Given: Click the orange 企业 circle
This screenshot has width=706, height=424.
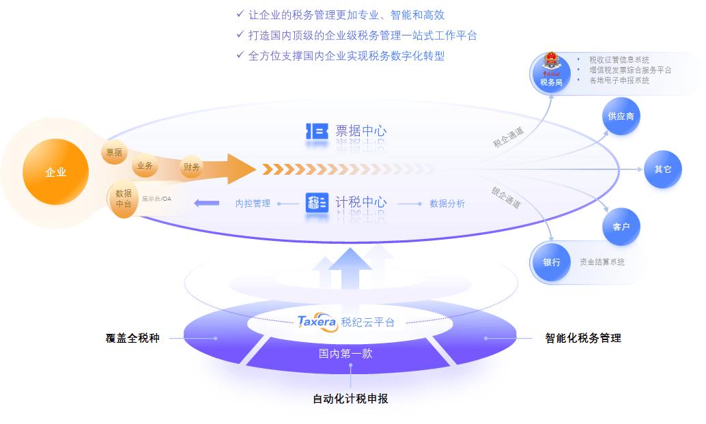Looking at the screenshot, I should click(55, 172).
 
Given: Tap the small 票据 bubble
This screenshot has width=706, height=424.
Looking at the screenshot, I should click(114, 152).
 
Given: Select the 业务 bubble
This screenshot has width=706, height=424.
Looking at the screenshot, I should click(145, 165).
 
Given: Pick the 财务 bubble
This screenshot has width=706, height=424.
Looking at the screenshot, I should click(191, 167).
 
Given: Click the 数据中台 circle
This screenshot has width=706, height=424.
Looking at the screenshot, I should click(124, 198).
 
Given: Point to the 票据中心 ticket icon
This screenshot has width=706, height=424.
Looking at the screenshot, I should click(316, 131).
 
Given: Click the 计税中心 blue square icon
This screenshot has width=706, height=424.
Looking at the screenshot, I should click(317, 203).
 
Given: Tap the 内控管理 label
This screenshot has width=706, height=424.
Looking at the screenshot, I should click(253, 203).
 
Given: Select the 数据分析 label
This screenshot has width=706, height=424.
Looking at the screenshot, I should click(447, 203).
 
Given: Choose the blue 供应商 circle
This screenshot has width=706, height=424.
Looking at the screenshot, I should click(621, 117).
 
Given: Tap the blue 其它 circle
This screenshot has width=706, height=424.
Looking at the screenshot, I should click(663, 169).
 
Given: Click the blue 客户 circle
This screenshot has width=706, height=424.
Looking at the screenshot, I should click(621, 227).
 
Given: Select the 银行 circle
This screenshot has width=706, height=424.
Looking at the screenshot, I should click(552, 262).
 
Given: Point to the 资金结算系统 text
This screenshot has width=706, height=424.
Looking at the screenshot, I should click(602, 262).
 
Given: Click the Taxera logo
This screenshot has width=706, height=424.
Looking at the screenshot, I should click(317, 322).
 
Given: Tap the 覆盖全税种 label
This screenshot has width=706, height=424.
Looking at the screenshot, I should click(132, 337).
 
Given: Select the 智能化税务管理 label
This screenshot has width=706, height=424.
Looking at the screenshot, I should click(583, 337).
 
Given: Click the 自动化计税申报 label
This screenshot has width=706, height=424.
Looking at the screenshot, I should click(350, 399).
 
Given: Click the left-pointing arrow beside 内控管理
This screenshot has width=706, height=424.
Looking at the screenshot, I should click(206, 203).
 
